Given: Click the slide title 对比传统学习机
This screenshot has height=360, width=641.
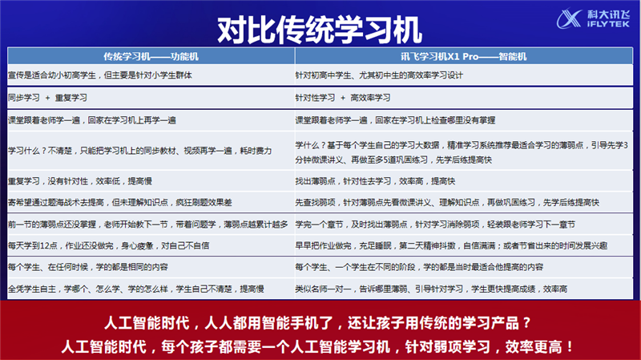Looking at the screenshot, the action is tap(319, 30).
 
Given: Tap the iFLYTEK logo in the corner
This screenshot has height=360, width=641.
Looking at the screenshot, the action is tap(593, 18).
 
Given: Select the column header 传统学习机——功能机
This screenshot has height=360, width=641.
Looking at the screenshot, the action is tap(151, 56).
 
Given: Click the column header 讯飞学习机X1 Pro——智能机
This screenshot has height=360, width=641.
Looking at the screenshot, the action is tap(464, 56).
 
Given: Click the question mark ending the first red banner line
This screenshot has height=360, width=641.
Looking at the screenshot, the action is tap(526, 323).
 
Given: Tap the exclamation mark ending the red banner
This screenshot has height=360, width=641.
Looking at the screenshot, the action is tap(570, 347).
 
